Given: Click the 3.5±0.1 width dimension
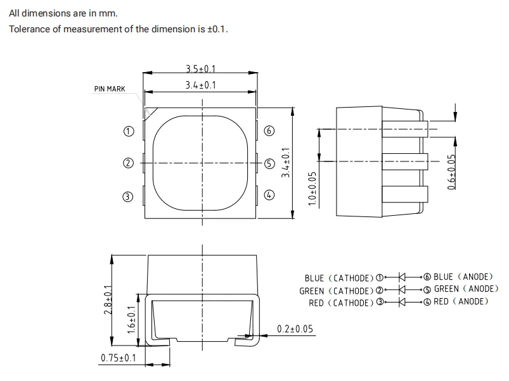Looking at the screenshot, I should pos(200,69).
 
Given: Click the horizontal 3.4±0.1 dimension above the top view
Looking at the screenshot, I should pos(200,85).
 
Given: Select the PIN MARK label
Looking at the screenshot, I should pos(110,89).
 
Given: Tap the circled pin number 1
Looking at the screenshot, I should pos(128,131).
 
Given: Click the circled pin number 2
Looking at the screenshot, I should pos(128,163).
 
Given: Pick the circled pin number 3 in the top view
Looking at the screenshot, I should pos(128,196).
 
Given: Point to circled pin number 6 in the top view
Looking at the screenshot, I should pos(269,131).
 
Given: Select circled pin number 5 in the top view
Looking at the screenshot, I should pos(269,163).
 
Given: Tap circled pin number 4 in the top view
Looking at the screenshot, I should pos(269,196).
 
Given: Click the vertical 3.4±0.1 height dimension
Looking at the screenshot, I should pos(286,162).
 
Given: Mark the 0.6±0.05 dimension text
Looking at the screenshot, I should pos(451,172).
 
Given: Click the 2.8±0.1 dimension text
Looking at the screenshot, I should pos(108,300).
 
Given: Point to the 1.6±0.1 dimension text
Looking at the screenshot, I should pos(131,319).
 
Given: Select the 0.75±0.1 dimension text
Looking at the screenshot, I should pos(119,359).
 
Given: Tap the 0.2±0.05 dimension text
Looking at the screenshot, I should pos(295,328).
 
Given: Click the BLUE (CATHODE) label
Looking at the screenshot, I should pos(340,278).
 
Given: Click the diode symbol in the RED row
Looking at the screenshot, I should pos(401,302).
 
